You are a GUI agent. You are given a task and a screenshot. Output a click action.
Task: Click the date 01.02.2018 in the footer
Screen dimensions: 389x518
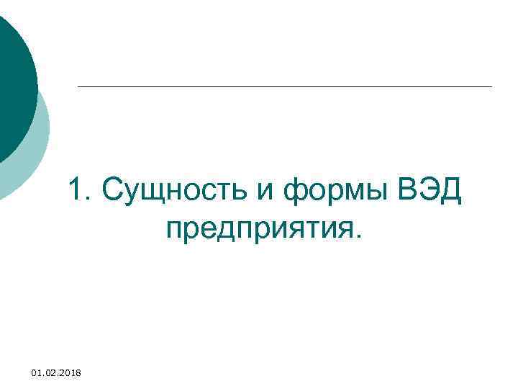coord(57,372)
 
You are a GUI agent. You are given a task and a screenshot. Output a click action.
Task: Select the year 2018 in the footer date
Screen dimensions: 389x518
coord(70,372)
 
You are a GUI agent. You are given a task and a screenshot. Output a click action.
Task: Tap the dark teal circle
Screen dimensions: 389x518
coord(11,86)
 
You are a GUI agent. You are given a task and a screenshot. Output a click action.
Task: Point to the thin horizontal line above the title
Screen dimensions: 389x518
coord(284,87)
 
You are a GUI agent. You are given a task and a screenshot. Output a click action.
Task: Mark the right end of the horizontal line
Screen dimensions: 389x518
coord(491,87)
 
